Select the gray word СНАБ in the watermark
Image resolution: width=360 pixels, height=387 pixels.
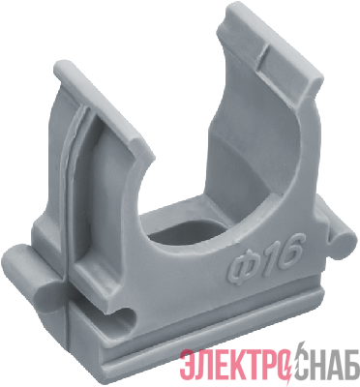point(326,364)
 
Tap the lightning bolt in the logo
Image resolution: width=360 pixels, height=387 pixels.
point(291,361)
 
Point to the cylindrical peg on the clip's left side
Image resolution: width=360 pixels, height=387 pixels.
point(31,269)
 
